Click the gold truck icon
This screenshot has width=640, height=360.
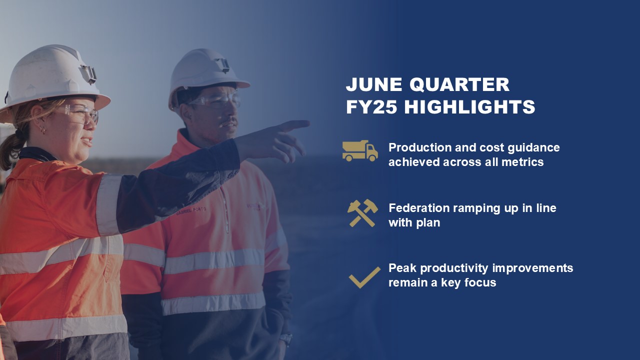click(x=360, y=151)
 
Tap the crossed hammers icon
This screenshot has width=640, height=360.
click(x=362, y=213)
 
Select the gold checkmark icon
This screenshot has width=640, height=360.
click(x=364, y=277)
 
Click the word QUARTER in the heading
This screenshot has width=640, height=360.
click(x=459, y=84)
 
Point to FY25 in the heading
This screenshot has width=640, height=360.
click(x=371, y=107)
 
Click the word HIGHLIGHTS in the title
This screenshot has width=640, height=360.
click(x=469, y=107)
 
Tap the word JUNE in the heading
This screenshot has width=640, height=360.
click(x=374, y=84)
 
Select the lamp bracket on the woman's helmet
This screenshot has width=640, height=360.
click(x=88, y=74)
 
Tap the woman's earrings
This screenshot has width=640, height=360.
click(x=41, y=129)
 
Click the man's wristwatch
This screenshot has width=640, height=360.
click(x=286, y=339)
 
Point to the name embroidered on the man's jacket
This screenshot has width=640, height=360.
click(x=191, y=211)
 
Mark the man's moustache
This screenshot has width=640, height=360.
click(x=228, y=122)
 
